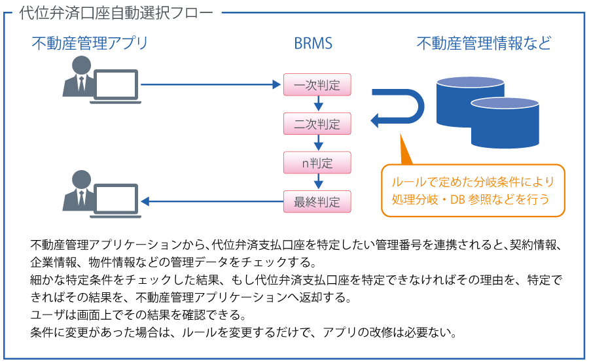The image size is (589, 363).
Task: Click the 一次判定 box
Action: coord(317,84)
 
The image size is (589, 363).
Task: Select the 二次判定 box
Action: coord(317,123)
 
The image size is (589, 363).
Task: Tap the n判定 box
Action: coord(317,162)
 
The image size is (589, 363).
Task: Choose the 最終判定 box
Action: coord(317,201)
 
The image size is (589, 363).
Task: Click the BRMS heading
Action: coord(313,44)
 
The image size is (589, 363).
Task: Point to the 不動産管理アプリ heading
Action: coord(90,44)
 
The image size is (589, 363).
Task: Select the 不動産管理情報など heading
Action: coord(484,44)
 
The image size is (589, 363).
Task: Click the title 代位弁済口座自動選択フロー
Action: coord(116,13)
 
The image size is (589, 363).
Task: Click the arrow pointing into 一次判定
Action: coord(209,84)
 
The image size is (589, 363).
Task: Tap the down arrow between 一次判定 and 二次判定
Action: coord(317,104)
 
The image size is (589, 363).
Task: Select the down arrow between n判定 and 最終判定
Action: coord(317,182)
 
